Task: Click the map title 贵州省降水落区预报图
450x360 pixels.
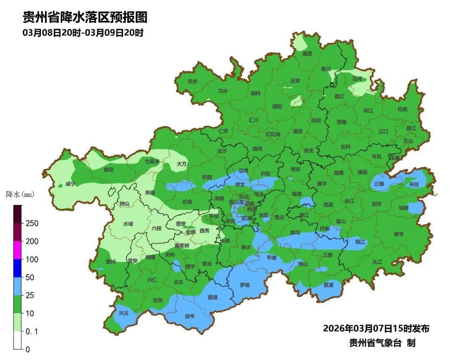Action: pos(85,17)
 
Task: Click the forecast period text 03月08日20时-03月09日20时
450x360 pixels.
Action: pos(83,33)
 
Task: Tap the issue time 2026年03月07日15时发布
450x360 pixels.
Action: pos(376,328)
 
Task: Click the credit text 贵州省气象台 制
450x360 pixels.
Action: pos(382,343)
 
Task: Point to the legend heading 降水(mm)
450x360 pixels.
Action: pos(20,194)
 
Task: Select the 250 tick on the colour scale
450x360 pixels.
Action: pos(32,223)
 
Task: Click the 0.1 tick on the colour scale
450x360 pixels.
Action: pos(32,331)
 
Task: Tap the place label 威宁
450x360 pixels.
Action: pos(70,184)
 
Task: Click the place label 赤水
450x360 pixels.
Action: pos(192,82)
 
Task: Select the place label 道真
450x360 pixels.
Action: pos(307,53)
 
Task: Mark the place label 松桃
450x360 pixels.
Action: pos(402,109)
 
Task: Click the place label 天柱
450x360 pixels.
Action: pos(413,184)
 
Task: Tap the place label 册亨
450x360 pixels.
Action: pos(190,316)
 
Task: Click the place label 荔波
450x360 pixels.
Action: pos(328,285)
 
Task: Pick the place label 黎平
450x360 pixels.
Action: pos(399,234)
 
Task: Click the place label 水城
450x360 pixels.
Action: pos(128,224)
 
